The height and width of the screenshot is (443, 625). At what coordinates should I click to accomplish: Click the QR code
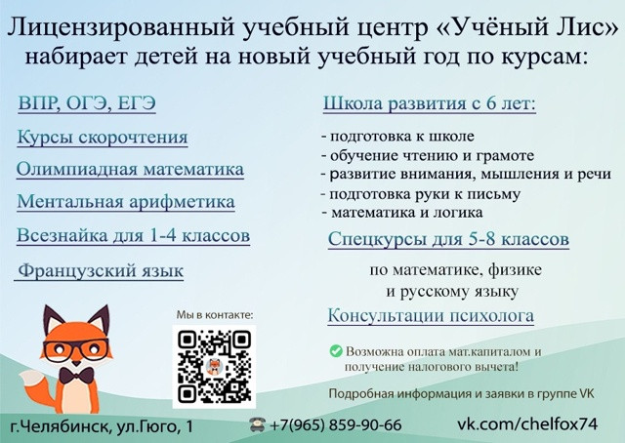click(214, 367)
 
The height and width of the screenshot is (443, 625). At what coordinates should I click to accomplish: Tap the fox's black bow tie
click(76, 376)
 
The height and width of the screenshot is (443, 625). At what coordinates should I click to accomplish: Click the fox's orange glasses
click(76, 349)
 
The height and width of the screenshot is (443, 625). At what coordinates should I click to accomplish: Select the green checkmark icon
click(336, 351)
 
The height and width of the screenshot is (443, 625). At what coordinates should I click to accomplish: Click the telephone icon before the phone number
click(257, 424)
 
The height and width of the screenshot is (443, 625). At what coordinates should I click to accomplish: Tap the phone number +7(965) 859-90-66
click(336, 425)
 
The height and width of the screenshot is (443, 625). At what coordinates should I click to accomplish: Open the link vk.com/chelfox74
click(527, 423)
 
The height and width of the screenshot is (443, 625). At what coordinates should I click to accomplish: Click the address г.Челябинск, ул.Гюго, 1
click(102, 426)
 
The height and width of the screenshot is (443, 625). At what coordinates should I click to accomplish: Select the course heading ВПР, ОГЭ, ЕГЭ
click(87, 103)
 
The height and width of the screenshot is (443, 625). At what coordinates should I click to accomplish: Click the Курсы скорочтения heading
click(102, 137)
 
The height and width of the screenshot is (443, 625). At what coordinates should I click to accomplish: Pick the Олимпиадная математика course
click(130, 169)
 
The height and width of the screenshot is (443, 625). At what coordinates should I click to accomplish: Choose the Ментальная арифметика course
click(126, 202)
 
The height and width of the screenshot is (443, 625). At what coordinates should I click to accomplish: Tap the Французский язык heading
click(101, 271)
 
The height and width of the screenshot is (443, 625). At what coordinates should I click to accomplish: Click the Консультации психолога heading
click(431, 315)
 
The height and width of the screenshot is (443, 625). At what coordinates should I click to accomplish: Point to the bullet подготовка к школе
click(397, 137)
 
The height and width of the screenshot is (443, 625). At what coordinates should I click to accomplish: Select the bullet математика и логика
click(402, 213)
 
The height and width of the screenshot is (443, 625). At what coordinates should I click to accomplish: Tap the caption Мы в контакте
click(215, 315)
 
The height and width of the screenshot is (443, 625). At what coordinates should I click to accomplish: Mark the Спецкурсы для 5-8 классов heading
click(448, 239)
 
